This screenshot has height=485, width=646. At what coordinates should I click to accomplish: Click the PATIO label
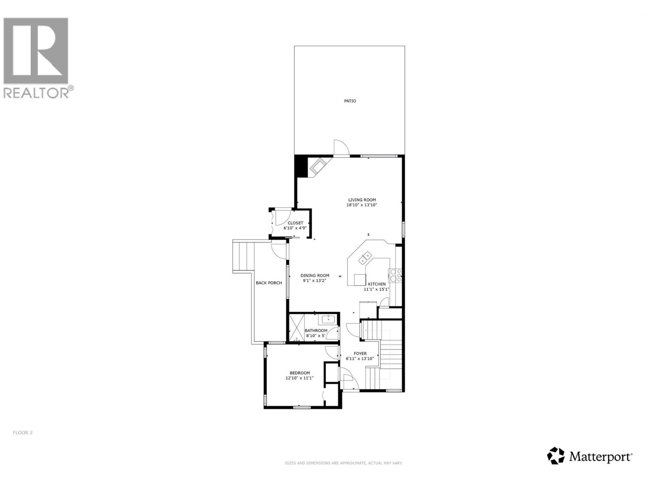coord(350,101)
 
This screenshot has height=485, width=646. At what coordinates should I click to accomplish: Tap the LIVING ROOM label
coord(362,200)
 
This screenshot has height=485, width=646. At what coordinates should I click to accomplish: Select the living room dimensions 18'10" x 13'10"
coord(362,205)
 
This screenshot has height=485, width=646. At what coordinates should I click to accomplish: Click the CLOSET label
coord(295,223)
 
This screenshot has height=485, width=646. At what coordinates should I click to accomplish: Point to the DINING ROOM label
coord(315,276)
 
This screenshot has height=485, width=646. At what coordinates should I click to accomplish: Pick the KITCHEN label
coord(377,284)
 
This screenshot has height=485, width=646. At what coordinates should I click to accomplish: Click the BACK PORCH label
coord(269,283)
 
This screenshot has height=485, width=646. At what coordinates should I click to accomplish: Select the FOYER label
coord(360,354)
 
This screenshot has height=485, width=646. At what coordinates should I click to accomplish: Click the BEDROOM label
coord(300,373)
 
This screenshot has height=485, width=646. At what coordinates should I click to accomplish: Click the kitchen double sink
coord(365,258)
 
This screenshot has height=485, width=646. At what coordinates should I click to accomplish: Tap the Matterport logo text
coord(601,457)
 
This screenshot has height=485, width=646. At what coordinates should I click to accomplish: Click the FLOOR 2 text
coord(23,432)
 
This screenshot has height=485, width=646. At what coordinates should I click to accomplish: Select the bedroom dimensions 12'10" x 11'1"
coord(300,378)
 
